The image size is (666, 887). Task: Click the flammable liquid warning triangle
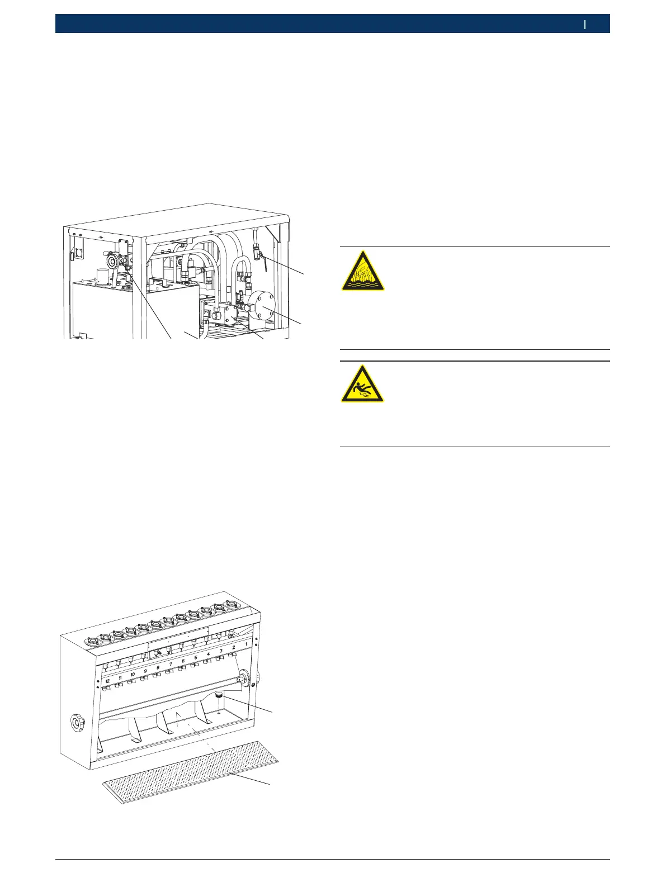[363, 271]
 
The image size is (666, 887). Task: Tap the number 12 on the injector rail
[107, 681]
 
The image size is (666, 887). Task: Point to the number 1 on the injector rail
[247, 644]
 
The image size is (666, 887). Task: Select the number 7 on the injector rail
[171, 664]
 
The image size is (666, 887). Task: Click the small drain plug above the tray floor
[219, 696]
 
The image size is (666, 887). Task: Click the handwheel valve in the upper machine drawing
[114, 260]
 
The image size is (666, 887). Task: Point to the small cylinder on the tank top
[102, 276]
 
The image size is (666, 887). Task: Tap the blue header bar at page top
[332, 24]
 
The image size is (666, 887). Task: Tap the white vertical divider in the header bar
[585, 24]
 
